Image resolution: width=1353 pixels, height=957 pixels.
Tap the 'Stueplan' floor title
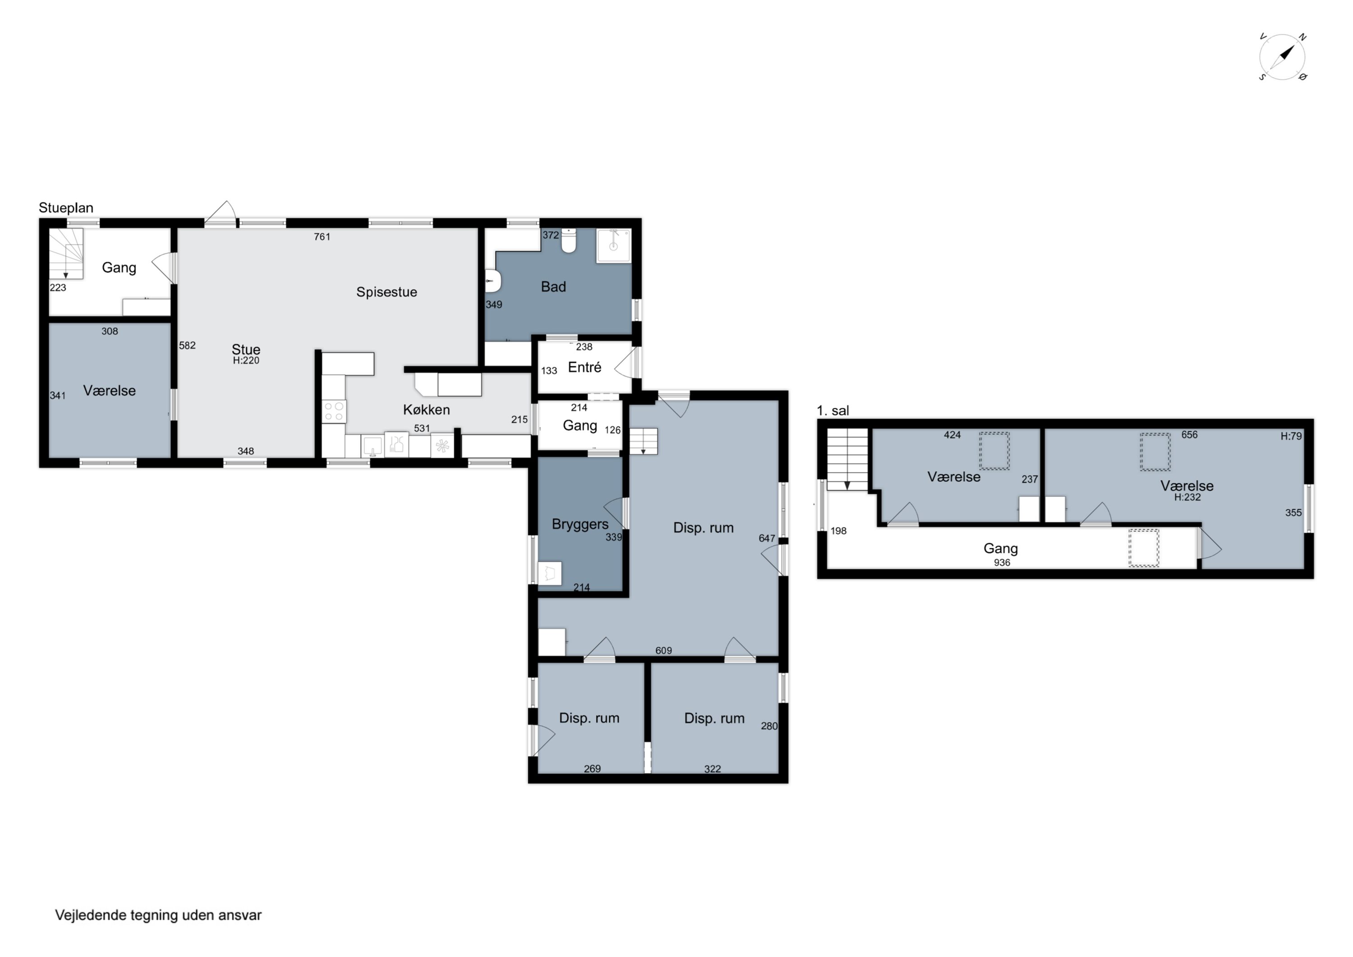coord(66,208)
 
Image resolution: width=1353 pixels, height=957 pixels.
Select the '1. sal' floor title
coord(833,411)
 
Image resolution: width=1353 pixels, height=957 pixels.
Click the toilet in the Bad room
coord(569,240)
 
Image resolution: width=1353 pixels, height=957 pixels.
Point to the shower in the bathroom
coord(613,245)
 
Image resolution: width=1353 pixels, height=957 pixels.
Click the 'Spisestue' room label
coord(387,292)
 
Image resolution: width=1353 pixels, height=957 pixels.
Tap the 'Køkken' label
coord(427,409)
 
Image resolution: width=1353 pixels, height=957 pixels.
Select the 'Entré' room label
coord(584,367)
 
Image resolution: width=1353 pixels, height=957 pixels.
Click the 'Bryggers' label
coord(580,524)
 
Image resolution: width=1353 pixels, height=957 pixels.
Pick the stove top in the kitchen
coord(334,411)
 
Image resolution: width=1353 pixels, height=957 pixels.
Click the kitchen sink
coord(373,446)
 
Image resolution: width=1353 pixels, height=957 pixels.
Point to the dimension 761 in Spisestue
coord(322,237)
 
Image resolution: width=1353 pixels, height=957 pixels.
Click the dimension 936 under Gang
coord(1002,563)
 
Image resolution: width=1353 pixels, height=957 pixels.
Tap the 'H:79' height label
coord(1291,436)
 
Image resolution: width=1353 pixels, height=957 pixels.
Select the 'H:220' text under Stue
coord(246,360)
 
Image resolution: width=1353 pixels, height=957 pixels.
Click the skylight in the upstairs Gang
coord(1143,548)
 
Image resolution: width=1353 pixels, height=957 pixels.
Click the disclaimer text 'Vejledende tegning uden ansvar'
coord(158,915)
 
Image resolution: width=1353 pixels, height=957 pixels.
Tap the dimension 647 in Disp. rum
coord(767,538)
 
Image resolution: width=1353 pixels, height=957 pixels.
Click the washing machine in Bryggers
coord(550,573)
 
